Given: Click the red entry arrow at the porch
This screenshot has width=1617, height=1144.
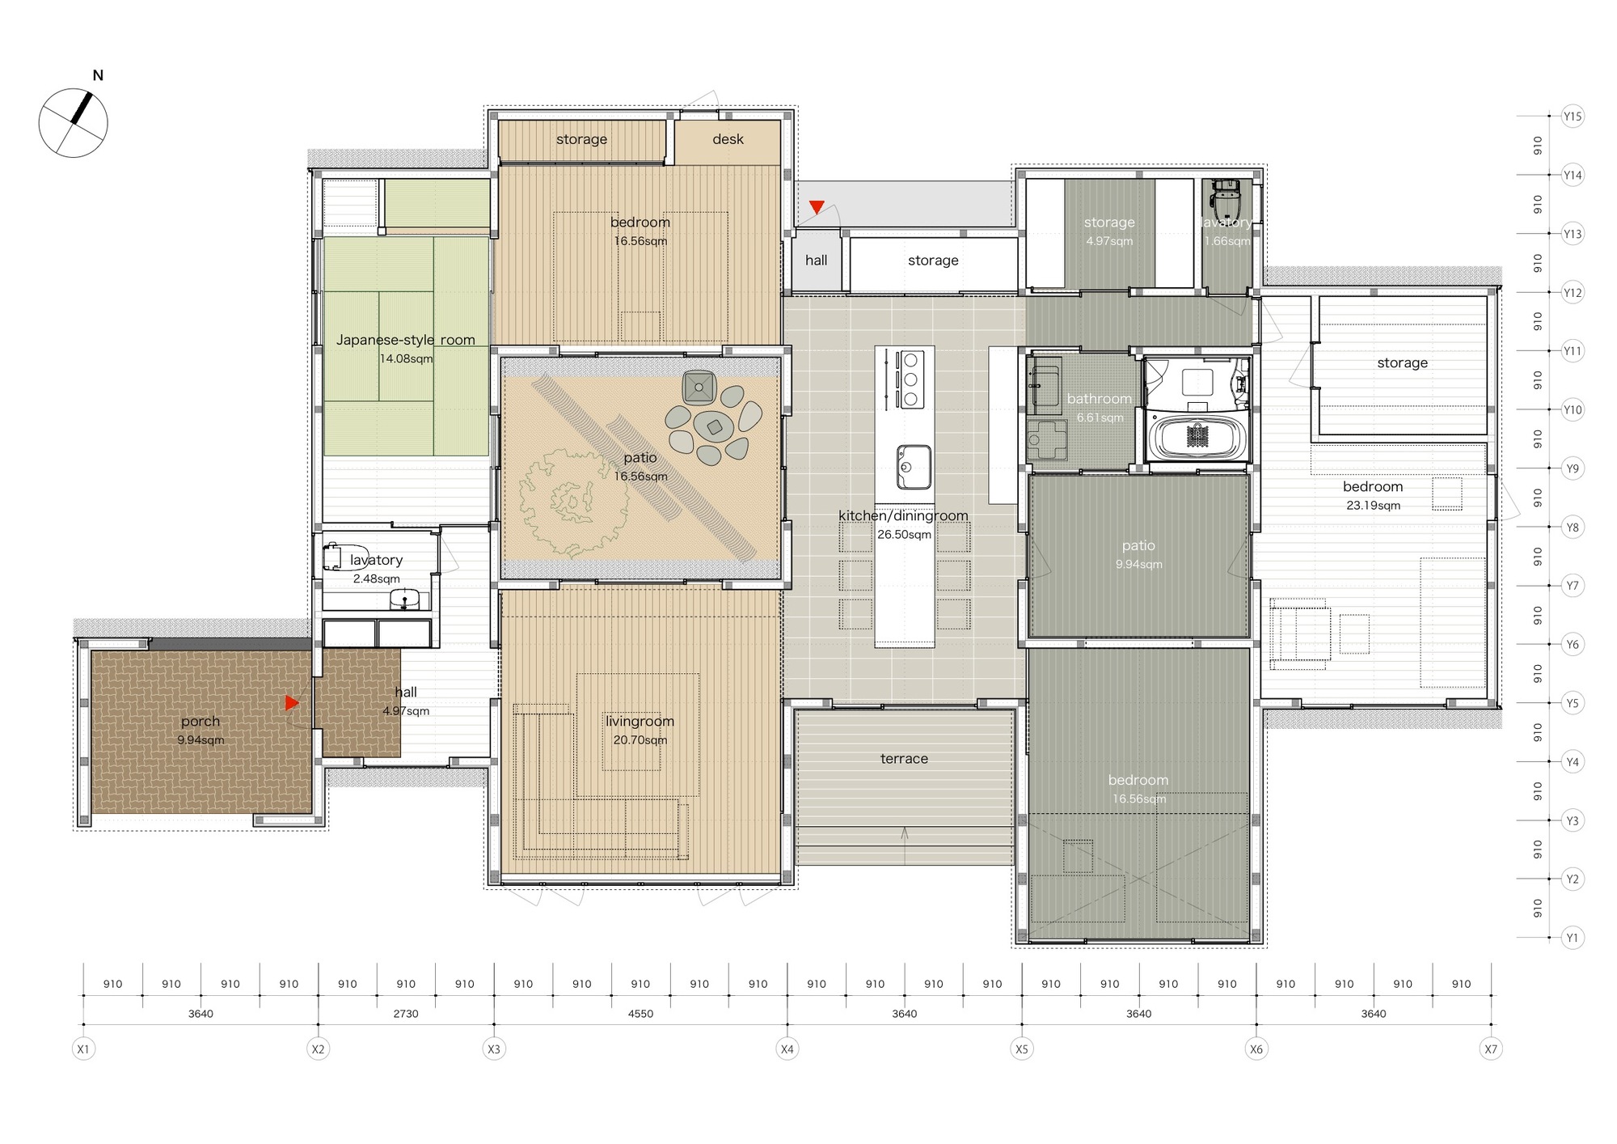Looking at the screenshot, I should pyautogui.click(x=292, y=703).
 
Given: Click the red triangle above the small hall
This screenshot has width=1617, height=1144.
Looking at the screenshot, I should pyautogui.click(x=817, y=207).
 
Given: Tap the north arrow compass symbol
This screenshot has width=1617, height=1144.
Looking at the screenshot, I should pyautogui.click(x=74, y=122).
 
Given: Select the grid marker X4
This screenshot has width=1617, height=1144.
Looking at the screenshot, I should pyautogui.click(x=787, y=1049).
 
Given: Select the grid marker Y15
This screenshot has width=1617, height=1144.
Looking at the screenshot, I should pyautogui.click(x=1572, y=117).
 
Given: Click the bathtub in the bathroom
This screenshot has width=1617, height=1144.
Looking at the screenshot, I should pyautogui.click(x=1197, y=437).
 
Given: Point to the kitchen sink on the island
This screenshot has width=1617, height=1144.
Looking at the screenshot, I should pyautogui.click(x=914, y=467).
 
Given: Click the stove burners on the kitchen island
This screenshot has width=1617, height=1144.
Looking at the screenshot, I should pyautogui.click(x=911, y=379).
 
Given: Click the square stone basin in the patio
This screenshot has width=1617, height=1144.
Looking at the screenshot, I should pyautogui.click(x=699, y=388).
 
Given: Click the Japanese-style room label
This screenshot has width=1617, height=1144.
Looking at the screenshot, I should pyautogui.click(x=406, y=340).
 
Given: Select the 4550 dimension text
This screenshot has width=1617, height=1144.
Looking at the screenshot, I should pyautogui.click(x=640, y=1014).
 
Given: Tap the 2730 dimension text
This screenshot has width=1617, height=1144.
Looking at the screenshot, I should pyautogui.click(x=406, y=1014).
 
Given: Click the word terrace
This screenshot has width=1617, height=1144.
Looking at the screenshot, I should pyautogui.click(x=904, y=759).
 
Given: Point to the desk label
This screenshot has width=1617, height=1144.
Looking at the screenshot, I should pyautogui.click(x=728, y=139).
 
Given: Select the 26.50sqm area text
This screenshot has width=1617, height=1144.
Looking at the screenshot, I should pyautogui.click(x=904, y=535).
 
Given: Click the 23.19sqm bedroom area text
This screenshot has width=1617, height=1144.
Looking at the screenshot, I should pyautogui.click(x=1373, y=506).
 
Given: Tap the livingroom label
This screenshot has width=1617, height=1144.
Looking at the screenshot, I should pyautogui.click(x=640, y=721).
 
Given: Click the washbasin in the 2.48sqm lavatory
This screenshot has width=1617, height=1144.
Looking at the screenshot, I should pyautogui.click(x=404, y=599).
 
